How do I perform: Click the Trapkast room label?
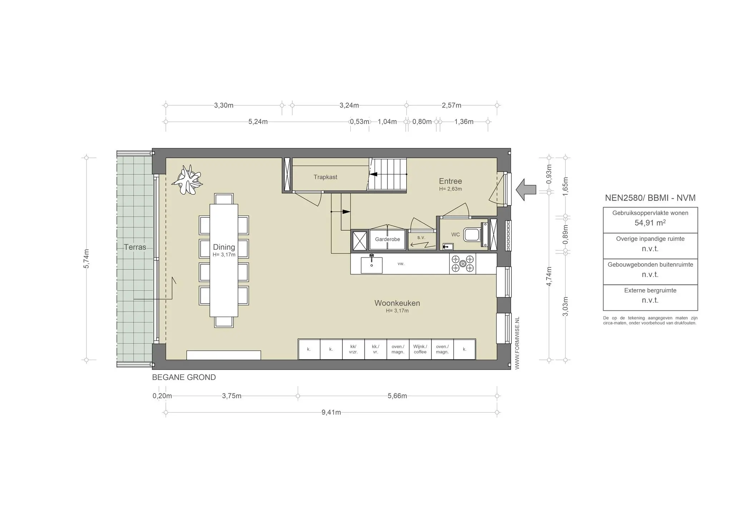point(325,177)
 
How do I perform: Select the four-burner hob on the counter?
point(463,264)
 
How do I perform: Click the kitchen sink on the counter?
point(371,265)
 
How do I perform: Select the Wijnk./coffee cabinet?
point(420,349)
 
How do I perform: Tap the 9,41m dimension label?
point(331,413)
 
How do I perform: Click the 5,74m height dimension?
point(86,258)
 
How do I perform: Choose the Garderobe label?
point(387,239)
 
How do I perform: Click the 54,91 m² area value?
point(650,223)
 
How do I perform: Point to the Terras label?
point(135,247)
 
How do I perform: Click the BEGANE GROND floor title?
point(184,378)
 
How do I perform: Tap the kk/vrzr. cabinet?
point(353,349)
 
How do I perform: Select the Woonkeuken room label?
point(397,303)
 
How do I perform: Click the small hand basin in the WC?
point(447,246)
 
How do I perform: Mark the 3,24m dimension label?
point(349,105)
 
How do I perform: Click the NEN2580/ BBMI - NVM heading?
point(650,198)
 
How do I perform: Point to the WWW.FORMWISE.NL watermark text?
point(517,343)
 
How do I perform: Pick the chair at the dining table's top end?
point(224,199)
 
